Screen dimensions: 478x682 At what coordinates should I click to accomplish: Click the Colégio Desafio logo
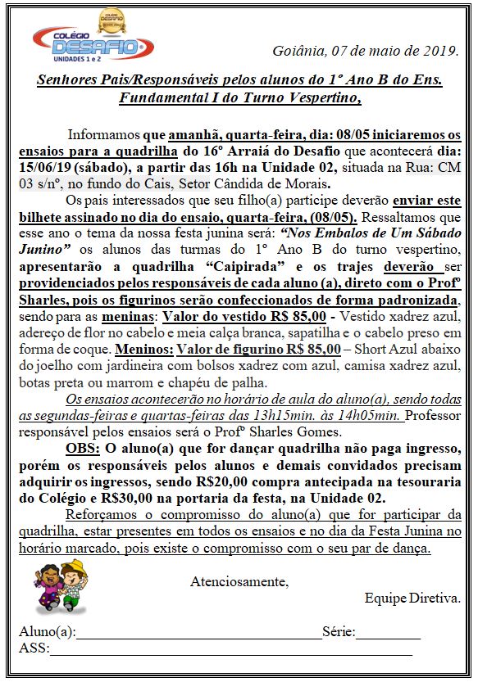tap(88, 39)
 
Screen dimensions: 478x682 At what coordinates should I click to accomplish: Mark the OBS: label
tap(83, 450)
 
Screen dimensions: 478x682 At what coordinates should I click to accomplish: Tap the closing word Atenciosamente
tap(239, 582)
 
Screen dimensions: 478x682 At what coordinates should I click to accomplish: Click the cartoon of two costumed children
tap(60, 588)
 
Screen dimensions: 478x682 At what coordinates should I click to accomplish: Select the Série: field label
tap(339, 632)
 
